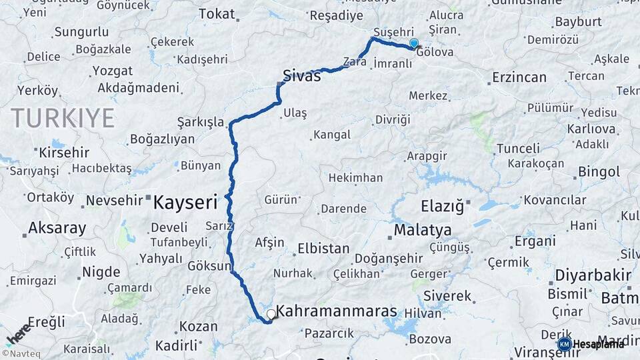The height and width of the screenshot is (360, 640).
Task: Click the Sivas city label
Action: (x=301, y=75)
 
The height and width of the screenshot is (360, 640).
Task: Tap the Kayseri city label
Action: (x=186, y=202)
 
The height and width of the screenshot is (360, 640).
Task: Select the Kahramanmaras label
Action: (x=336, y=311)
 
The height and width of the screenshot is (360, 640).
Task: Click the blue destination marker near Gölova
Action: (x=414, y=44)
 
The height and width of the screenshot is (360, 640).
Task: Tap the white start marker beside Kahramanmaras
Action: (x=271, y=313)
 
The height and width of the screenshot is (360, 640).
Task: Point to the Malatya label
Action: (x=422, y=230)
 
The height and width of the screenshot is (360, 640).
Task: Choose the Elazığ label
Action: (x=442, y=206)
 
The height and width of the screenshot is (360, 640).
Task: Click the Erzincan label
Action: (x=519, y=77)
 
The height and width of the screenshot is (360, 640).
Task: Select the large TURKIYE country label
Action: (x=63, y=118)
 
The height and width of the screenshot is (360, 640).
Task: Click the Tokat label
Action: (x=217, y=13)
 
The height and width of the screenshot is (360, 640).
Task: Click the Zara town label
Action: (x=355, y=62)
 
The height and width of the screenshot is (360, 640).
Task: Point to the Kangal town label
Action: (x=331, y=135)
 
